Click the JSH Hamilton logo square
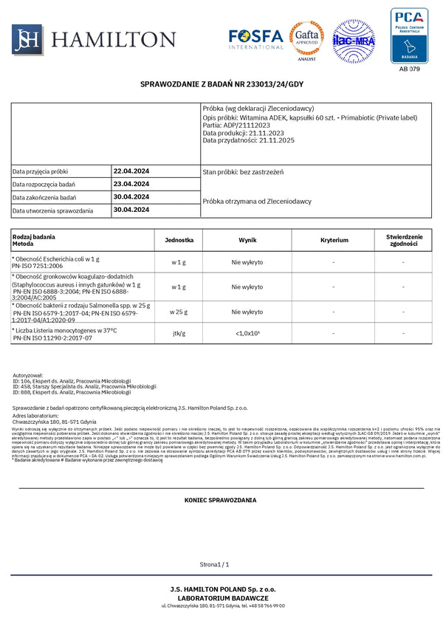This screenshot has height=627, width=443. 26,38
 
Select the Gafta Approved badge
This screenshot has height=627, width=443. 306,39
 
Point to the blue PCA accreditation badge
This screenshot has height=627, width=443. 409,36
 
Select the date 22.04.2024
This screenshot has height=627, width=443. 131,171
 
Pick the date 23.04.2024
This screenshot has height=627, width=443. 131,184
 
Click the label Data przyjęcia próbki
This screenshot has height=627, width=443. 40,171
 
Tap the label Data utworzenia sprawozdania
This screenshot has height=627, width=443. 52,211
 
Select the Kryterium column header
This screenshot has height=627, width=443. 334,240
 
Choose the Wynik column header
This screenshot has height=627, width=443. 247,240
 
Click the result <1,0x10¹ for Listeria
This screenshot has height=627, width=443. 247,334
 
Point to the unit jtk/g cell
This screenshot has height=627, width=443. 177,334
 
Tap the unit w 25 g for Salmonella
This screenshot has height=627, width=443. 177,312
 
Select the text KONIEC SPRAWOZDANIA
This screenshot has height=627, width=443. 220,500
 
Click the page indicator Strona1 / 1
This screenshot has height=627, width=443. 214,564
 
